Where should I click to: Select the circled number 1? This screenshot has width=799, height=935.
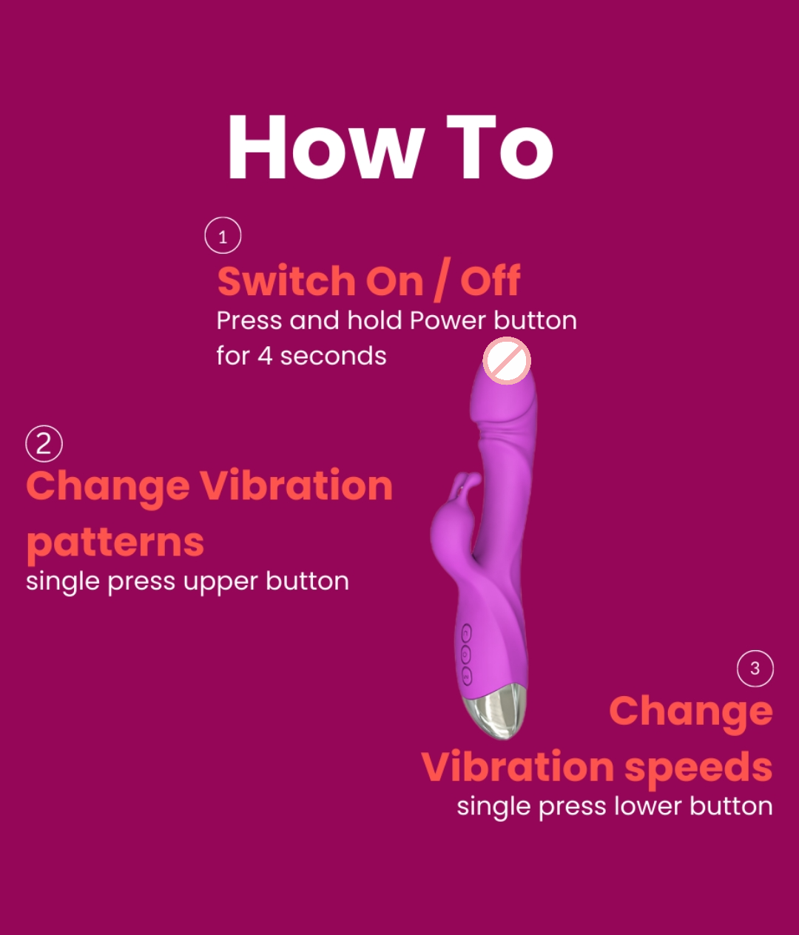point(223,236)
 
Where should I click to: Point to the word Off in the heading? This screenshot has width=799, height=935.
point(490,281)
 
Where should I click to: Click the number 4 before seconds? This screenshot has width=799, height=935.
point(265,357)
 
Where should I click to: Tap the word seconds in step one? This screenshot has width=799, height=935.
point(333,357)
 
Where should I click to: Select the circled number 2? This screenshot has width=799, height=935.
point(44,444)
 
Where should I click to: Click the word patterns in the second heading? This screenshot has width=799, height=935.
point(115,544)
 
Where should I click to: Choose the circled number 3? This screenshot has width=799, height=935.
point(755,669)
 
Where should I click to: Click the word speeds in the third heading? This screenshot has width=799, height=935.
point(698,768)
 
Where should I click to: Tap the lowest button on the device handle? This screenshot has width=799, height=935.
point(467,675)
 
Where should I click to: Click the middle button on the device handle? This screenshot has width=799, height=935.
point(465,655)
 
